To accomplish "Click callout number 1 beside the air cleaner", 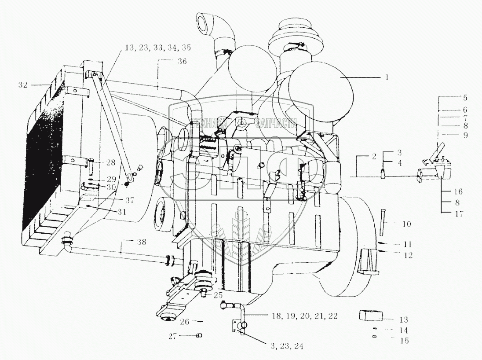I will point(386,77).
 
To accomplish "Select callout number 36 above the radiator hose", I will point(182,62).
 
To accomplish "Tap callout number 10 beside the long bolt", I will point(406,224).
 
